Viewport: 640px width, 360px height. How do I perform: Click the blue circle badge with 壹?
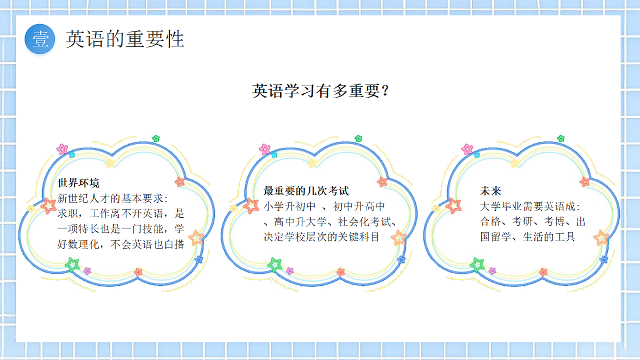click(39, 39)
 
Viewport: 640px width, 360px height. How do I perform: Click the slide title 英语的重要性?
click(125, 39)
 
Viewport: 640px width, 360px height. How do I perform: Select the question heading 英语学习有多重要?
click(321, 91)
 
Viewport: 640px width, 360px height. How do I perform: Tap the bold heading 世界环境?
click(78, 183)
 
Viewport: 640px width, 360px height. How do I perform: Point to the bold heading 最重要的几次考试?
click(306, 191)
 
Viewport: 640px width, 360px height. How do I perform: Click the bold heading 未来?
click(491, 191)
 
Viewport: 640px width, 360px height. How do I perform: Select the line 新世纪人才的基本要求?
click(113, 198)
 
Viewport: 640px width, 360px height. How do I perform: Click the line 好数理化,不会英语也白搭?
click(121, 244)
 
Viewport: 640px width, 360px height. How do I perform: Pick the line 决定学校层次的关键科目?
click(321, 237)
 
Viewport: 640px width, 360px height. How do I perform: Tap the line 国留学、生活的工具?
click(527, 237)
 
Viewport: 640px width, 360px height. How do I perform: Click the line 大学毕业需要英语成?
click(530, 206)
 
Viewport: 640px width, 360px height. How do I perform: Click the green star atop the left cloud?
click(156, 139)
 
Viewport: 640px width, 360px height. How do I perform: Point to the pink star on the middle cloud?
click(265, 149)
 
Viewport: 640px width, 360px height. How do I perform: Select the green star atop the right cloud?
click(561, 139)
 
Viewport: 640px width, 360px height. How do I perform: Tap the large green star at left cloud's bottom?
click(73, 265)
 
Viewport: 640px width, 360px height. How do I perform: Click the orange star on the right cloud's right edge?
click(602, 238)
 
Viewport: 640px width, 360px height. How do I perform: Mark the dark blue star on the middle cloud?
click(401, 260)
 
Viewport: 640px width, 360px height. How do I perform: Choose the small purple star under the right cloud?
click(492, 270)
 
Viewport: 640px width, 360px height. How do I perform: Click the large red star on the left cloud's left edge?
click(49, 206)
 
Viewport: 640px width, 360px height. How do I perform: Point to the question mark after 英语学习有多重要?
click(385, 91)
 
